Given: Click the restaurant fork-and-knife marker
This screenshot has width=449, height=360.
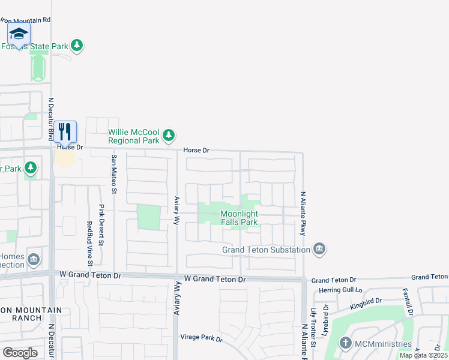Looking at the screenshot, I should [65, 131].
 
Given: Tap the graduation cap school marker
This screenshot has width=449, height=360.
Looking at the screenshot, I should [19, 34].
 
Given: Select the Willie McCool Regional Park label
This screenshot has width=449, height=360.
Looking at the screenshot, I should [133, 136].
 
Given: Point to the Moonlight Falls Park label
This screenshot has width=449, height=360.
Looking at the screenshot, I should [239, 218].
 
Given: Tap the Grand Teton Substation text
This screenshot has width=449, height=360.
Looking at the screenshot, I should [266, 250].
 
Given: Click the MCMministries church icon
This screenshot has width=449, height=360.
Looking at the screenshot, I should [345, 344].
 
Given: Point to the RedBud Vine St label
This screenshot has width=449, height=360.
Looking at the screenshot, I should [89, 243].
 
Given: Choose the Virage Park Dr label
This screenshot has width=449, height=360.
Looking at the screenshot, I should [201, 338].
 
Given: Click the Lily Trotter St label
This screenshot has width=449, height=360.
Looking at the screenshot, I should [313, 328].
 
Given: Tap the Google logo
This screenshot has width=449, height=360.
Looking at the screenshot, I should [20, 353].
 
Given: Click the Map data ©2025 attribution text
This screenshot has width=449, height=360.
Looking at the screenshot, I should [423, 355].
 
